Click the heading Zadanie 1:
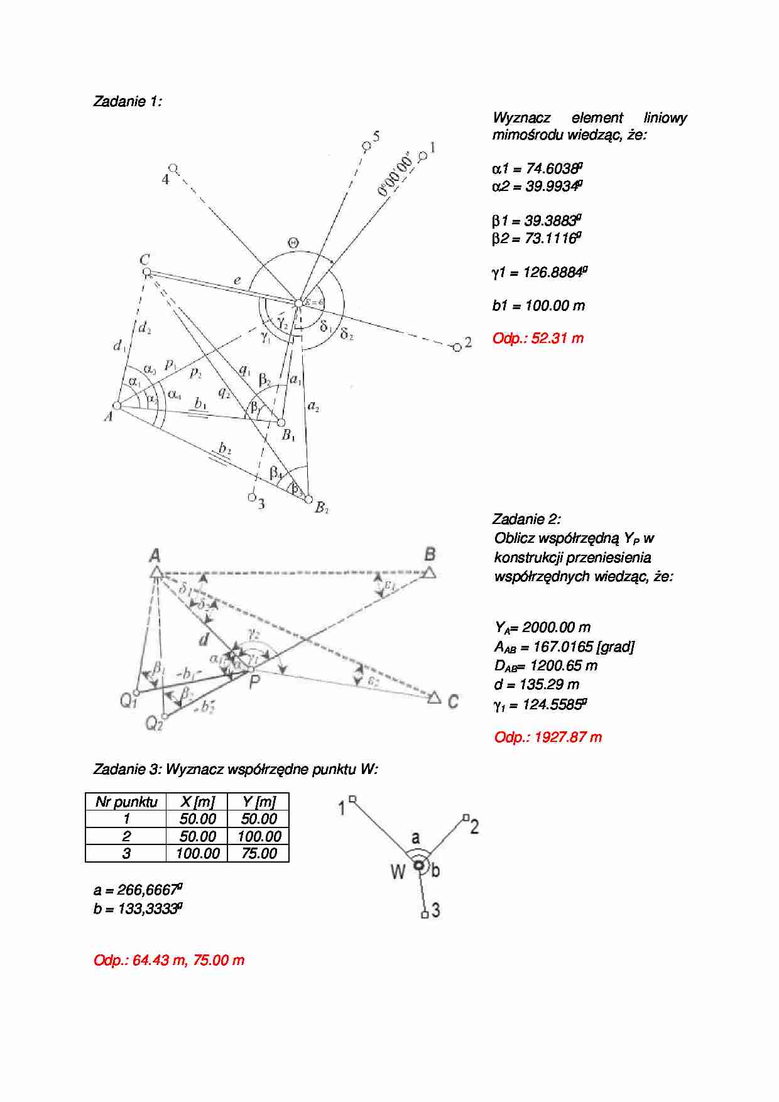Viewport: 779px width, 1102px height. point(127,101)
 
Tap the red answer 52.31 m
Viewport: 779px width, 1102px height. point(538,338)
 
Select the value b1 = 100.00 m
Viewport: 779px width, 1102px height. point(538,305)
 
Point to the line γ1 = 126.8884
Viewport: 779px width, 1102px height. point(540,272)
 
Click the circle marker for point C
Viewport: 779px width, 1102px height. point(146,272)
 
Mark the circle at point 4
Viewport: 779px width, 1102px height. point(173,168)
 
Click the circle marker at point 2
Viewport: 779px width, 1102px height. point(457,347)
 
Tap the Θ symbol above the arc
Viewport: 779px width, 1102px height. point(293,243)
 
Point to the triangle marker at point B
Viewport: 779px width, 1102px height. point(430,572)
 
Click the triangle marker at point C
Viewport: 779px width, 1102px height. point(434,697)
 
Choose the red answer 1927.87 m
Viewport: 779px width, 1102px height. point(548,737)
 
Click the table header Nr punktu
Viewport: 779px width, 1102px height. point(126,802)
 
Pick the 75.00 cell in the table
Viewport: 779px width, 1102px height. point(259,853)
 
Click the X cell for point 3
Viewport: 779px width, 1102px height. point(197,853)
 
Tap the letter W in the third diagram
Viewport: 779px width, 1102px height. point(398,871)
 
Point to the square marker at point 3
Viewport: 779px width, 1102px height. point(425,915)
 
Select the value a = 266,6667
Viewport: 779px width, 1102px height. point(138,890)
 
